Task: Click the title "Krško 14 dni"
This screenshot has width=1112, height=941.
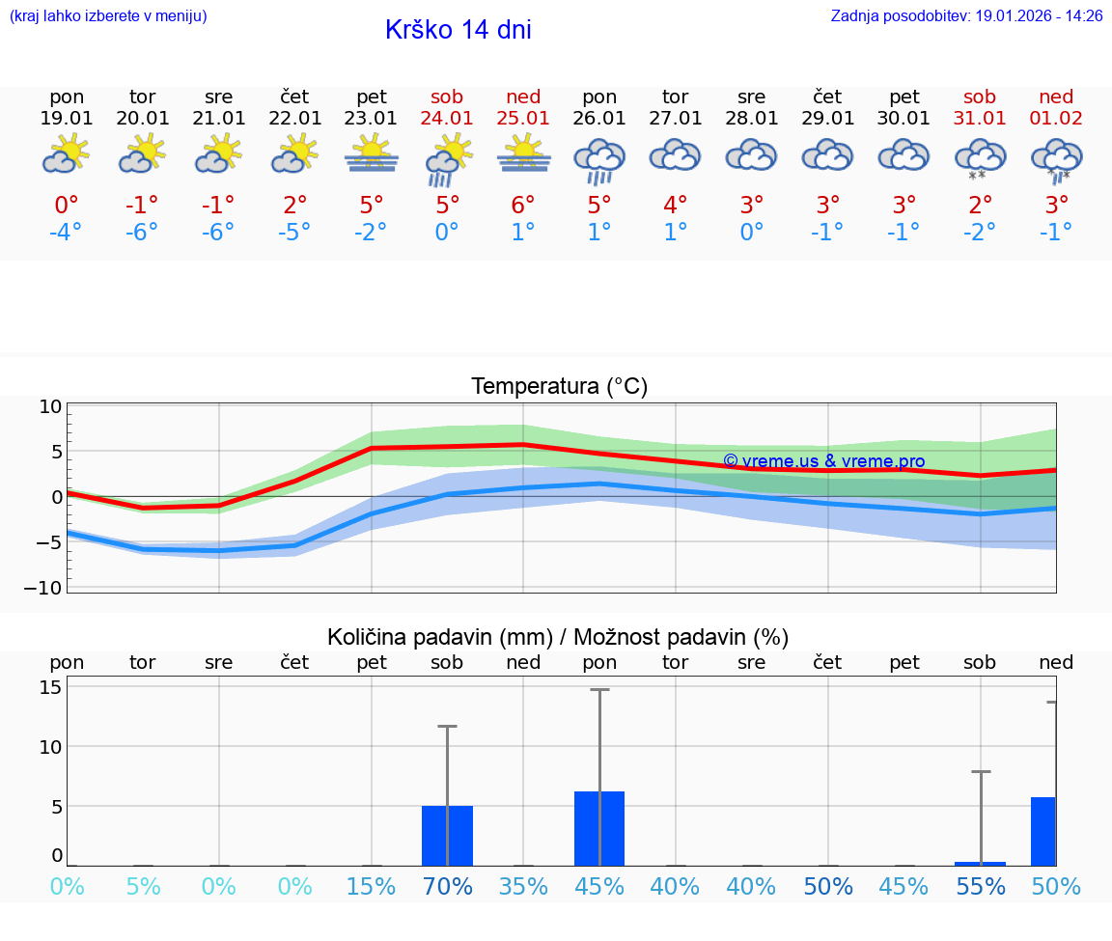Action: pos(458,30)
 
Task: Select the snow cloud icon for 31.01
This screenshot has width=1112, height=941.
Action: pos(980,158)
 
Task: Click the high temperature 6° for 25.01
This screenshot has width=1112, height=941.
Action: pos(523,206)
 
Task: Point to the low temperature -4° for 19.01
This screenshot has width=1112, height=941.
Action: pos(66,233)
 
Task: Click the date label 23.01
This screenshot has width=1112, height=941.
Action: pos(371,118)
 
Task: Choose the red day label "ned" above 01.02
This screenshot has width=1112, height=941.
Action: pos(1056,97)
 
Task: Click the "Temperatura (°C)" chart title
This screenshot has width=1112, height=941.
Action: pos(559,387)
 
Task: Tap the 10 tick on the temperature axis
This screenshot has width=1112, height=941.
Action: pos(50,407)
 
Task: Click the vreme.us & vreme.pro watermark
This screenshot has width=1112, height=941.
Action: pos(823,461)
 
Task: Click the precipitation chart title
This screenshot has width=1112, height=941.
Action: pos(558,637)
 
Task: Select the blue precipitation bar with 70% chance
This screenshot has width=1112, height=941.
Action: pos(447,836)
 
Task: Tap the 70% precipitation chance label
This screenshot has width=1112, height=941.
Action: pos(447,886)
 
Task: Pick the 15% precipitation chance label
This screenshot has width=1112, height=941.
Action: pos(371,886)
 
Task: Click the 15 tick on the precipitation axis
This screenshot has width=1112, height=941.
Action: pos(51,687)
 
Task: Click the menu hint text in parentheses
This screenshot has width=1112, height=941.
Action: pos(107,16)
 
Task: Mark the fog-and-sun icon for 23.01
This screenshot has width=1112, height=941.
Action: pos(371,154)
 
